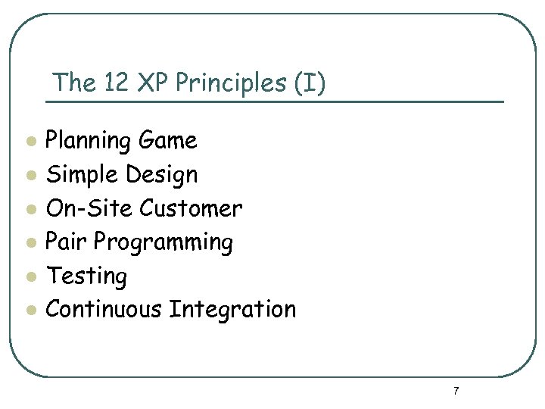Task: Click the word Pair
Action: pos(67,242)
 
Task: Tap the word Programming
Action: pos(163,243)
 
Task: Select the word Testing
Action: pos(87,276)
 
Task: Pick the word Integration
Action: pos(232,310)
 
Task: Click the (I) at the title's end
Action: pos(311,83)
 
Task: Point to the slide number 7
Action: pos(456,391)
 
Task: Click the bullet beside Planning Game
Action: pos(30,142)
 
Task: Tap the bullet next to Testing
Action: pos(30,276)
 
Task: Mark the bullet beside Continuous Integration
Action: pos(30,311)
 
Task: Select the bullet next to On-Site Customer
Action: pos(30,209)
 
